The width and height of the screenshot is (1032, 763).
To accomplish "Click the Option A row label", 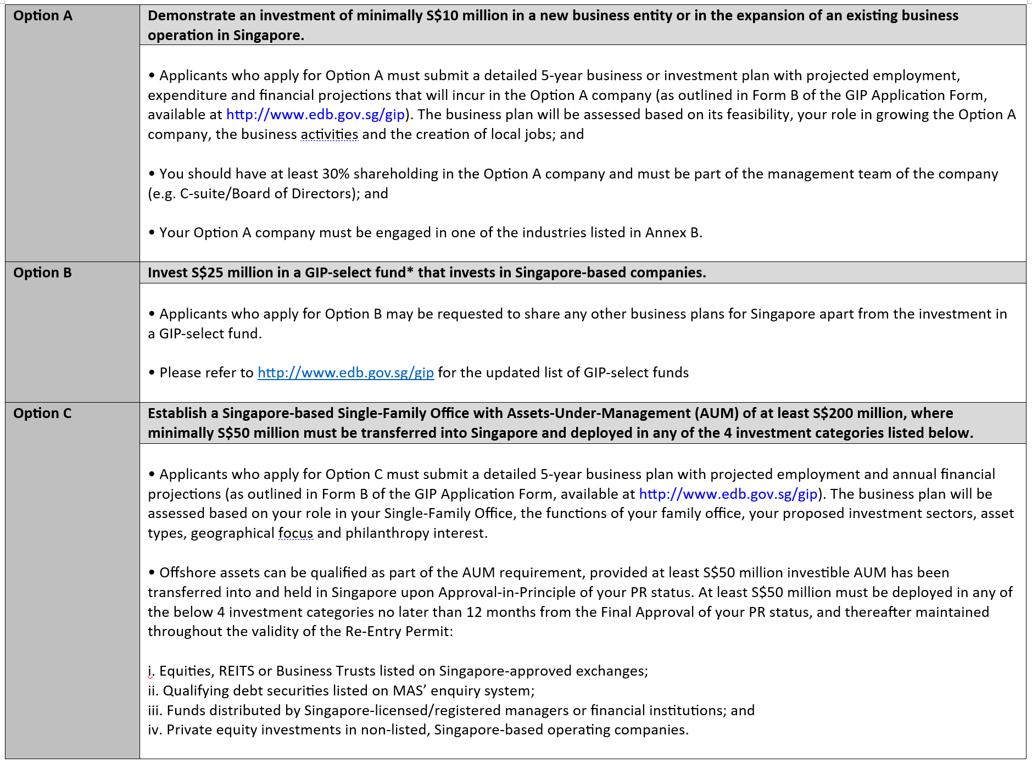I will pyautogui.click(x=42, y=16).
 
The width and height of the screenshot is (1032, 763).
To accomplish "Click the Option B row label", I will pyautogui.click(x=42, y=273).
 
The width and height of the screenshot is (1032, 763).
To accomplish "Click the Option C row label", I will pyautogui.click(x=42, y=414).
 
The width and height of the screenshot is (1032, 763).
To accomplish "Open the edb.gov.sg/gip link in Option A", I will pyautogui.click(x=315, y=115).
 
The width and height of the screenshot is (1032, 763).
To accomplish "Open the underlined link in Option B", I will pyautogui.click(x=345, y=373).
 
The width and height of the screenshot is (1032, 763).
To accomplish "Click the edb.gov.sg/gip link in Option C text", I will pyautogui.click(x=728, y=494).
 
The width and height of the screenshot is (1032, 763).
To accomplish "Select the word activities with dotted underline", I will pyautogui.click(x=329, y=135).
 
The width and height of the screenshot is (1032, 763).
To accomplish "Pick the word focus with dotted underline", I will pyautogui.click(x=295, y=533).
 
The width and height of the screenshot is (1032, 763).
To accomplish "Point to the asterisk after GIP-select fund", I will pyautogui.click(x=410, y=271).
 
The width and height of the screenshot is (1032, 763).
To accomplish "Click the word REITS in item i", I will pyautogui.click(x=236, y=671).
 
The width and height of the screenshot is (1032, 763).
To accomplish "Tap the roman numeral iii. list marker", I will pyautogui.click(x=155, y=711).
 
